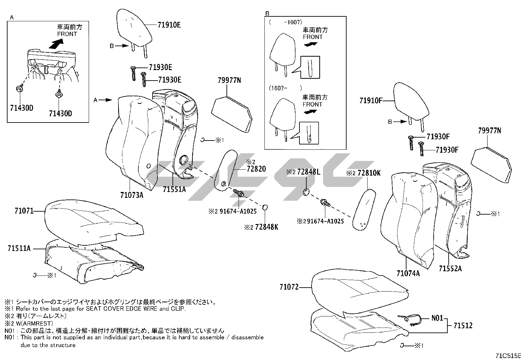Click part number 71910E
coord(169,25)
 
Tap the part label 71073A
coord(132,195)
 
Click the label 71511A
coord(19,249)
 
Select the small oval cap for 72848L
coord(306,192)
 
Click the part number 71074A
coord(408,273)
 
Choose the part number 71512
coord(463,326)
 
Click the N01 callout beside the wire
coord(437,318)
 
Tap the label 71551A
coord(174,189)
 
